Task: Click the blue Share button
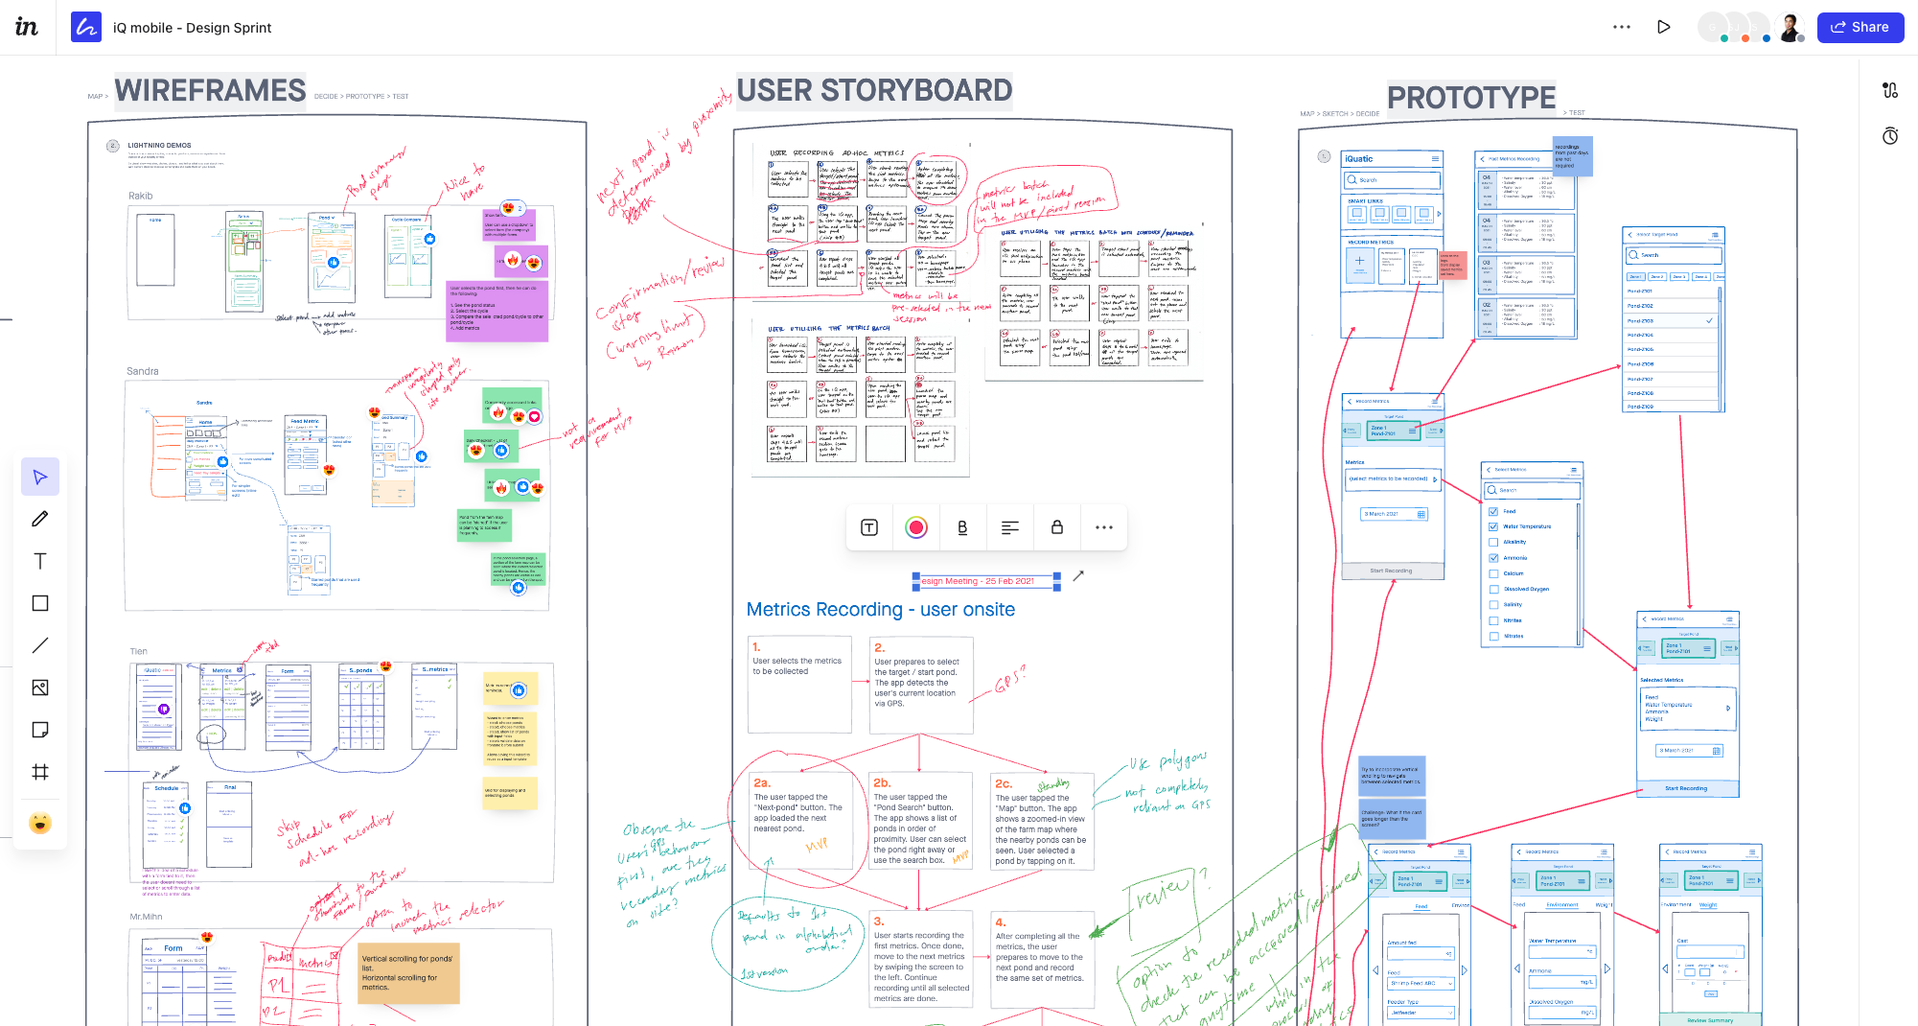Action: [1860, 27]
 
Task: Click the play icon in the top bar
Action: [1664, 27]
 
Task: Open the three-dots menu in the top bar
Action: [1622, 27]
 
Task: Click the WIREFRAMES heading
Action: [210, 91]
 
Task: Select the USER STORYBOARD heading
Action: [874, 90]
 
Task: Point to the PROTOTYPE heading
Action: [1471, 98]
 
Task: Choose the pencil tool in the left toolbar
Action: [40, 519]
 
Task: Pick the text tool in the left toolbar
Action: [40, 561]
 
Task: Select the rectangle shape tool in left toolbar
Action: [40, 603]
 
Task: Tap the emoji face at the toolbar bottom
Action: [40, 823]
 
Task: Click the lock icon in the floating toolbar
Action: [1057, 527]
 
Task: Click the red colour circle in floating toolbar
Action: [916, 527]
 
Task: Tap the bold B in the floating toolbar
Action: [962, 527]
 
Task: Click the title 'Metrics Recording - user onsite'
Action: [880, 610]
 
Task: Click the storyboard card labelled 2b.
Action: [921, 821]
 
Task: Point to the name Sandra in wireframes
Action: [143, 371]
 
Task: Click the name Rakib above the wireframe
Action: [141, 196]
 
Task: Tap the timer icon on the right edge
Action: [1890, 136]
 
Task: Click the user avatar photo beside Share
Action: [1790, 27]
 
